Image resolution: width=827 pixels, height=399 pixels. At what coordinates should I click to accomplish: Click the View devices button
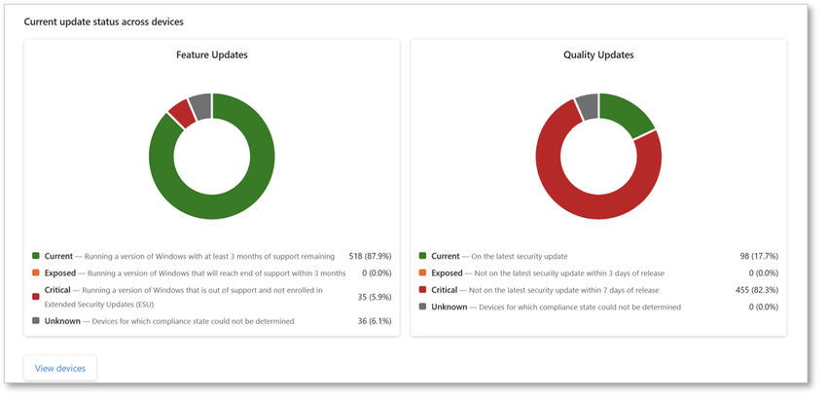[59, 369]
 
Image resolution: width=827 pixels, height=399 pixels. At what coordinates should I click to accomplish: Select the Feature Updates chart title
[211, 55]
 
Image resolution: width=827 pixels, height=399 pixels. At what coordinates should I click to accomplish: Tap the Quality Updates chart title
[598, 55]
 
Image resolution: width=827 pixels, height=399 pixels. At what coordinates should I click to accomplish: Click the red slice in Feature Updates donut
[180, 113]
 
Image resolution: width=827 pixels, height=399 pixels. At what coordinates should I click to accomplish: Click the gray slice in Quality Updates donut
[587, 104]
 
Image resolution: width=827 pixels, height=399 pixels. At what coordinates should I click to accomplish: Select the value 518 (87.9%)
[369, 256]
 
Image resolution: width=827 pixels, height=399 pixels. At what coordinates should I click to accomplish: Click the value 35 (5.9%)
[375, 297]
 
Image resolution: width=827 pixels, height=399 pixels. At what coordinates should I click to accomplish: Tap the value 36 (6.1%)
[375, 321]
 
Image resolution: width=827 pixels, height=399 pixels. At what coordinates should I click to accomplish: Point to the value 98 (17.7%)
[759, 256]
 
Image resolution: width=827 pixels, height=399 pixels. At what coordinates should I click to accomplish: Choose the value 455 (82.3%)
[756, 290]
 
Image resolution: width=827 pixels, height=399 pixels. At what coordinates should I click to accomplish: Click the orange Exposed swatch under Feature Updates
[36, 273]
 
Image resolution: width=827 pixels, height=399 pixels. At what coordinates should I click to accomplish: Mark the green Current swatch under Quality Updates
[423, 256]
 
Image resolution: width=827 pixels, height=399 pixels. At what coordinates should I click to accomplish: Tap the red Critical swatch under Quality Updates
[423, 290]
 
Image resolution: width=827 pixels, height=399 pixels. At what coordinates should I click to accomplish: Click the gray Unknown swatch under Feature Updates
[36, 321]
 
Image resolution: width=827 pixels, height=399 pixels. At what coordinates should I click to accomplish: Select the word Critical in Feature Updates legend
[57, 290]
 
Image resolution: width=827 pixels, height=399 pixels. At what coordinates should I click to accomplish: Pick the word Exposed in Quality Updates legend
[447, 273]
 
